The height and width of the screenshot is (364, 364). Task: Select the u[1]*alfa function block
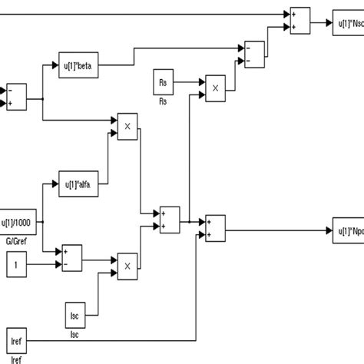click(x=79, y=184)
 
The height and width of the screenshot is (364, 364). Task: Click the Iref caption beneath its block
click(x=14, y=357)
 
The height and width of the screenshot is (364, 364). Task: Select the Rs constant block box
click(x=162, y=81)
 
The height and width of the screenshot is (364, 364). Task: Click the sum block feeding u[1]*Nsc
click(x=298, y=19)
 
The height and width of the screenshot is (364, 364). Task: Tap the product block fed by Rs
click(x=216, y=88)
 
